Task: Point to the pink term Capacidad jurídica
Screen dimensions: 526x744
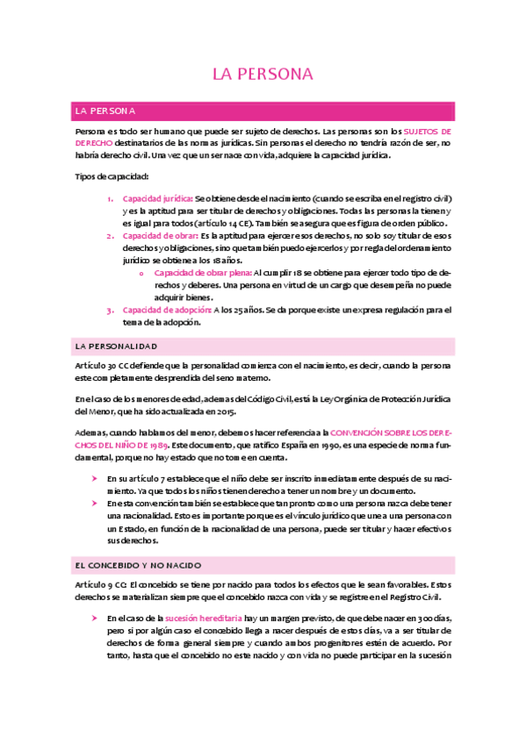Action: [x=157, y=198]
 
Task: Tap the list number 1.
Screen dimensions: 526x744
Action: [x=109, y=198]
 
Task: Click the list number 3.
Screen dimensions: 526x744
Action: [x=109, y=310]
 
